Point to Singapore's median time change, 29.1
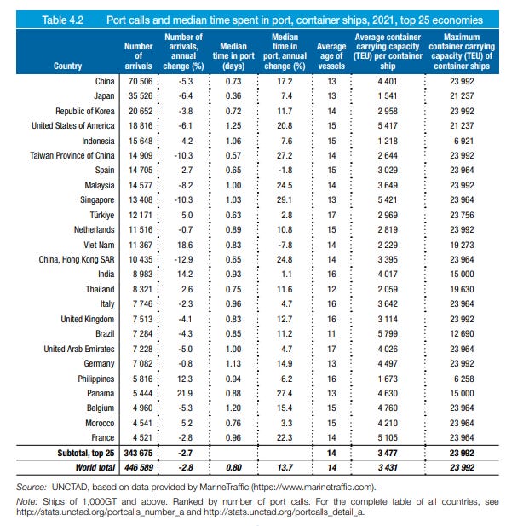[285, 199]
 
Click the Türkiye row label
[101, 215]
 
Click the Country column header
[67, 66]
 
